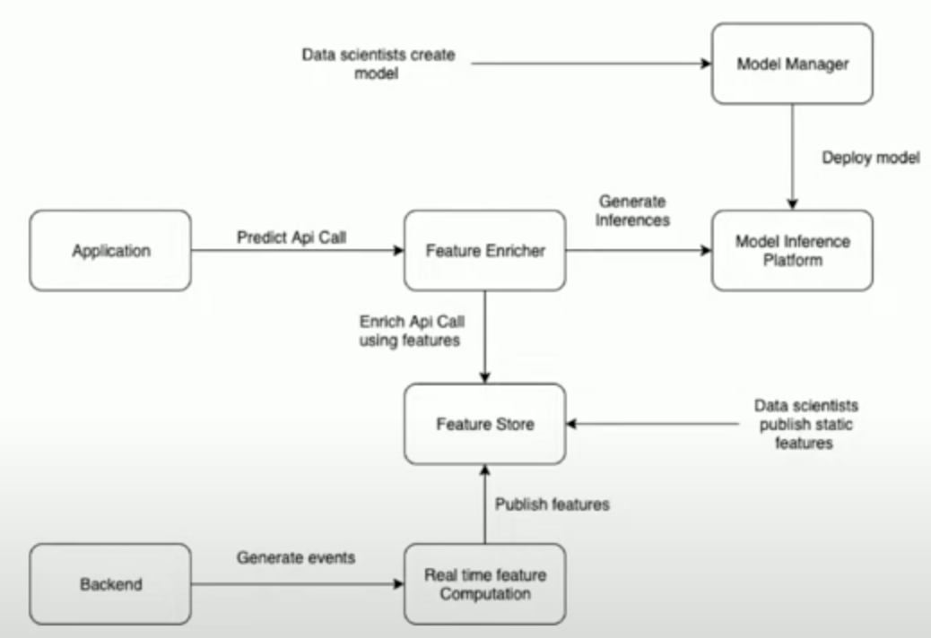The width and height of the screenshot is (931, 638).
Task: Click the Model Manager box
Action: tap(792, 64)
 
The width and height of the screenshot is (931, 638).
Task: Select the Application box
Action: tap(110, 250)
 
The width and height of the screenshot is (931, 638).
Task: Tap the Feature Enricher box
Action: tap(484, 250)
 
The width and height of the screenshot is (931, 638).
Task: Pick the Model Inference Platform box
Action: tap(792, 250)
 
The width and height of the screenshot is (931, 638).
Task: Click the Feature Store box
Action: tap(484, 424)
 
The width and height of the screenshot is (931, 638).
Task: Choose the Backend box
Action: tap(110, 584)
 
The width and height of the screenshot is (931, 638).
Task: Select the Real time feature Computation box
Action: tap(484, 584)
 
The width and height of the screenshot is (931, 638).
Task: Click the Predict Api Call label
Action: tap(291, 237)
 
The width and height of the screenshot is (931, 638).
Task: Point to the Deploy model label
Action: tap(871, 158)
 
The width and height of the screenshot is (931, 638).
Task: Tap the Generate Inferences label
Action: tap(632, 211)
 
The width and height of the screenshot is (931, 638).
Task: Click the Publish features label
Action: tap(553, 504)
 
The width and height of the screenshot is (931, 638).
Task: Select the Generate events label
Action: tap(296, 557)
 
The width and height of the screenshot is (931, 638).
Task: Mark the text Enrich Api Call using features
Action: tap(412, 331)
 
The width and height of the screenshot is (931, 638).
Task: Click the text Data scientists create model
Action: tap(378, 64)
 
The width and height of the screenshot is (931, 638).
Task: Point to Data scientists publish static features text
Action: tap(805, 425)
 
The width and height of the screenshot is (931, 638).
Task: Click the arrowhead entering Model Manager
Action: tap(707, 64)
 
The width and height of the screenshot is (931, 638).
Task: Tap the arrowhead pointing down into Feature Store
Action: tap(484, 378)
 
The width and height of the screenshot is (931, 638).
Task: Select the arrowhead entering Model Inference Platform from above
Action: tap(792, 204)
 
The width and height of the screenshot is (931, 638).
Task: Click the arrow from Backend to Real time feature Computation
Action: tap(298, 584)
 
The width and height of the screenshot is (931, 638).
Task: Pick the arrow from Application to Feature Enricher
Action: tap(298, 250)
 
